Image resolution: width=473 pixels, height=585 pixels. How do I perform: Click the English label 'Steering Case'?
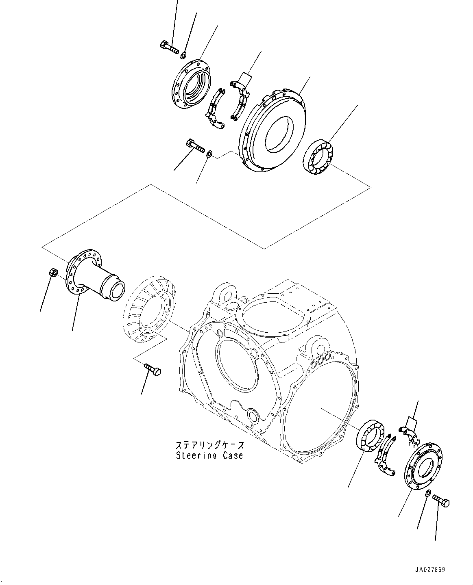[x=209, y=455]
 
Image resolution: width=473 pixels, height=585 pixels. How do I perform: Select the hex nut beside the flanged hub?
[x=52, y=273]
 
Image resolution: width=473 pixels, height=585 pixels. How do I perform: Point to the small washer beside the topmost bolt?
[x=183, y=55]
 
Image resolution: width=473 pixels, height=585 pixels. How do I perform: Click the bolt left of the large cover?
[x=195, y=145]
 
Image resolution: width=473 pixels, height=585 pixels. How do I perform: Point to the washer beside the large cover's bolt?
[x=209, y=154]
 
